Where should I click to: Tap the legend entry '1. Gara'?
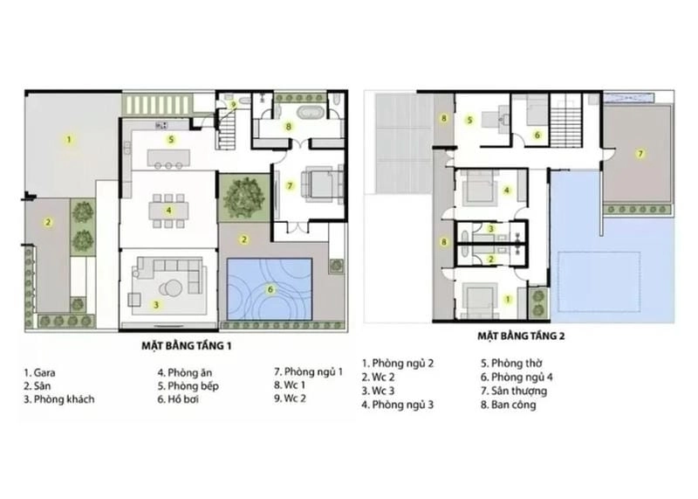tap(41, 370)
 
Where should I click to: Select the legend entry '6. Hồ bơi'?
tap(181, 399)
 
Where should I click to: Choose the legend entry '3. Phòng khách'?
tap(59, 399)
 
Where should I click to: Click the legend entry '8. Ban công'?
tap(509, 405)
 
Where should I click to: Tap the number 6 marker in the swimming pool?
tap(270, 289)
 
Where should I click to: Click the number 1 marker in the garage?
tap(67, 138)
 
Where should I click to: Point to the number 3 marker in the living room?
tap(156, 304)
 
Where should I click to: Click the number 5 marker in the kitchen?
tap(172, 139)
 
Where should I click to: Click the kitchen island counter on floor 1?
tap(168, 158)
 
